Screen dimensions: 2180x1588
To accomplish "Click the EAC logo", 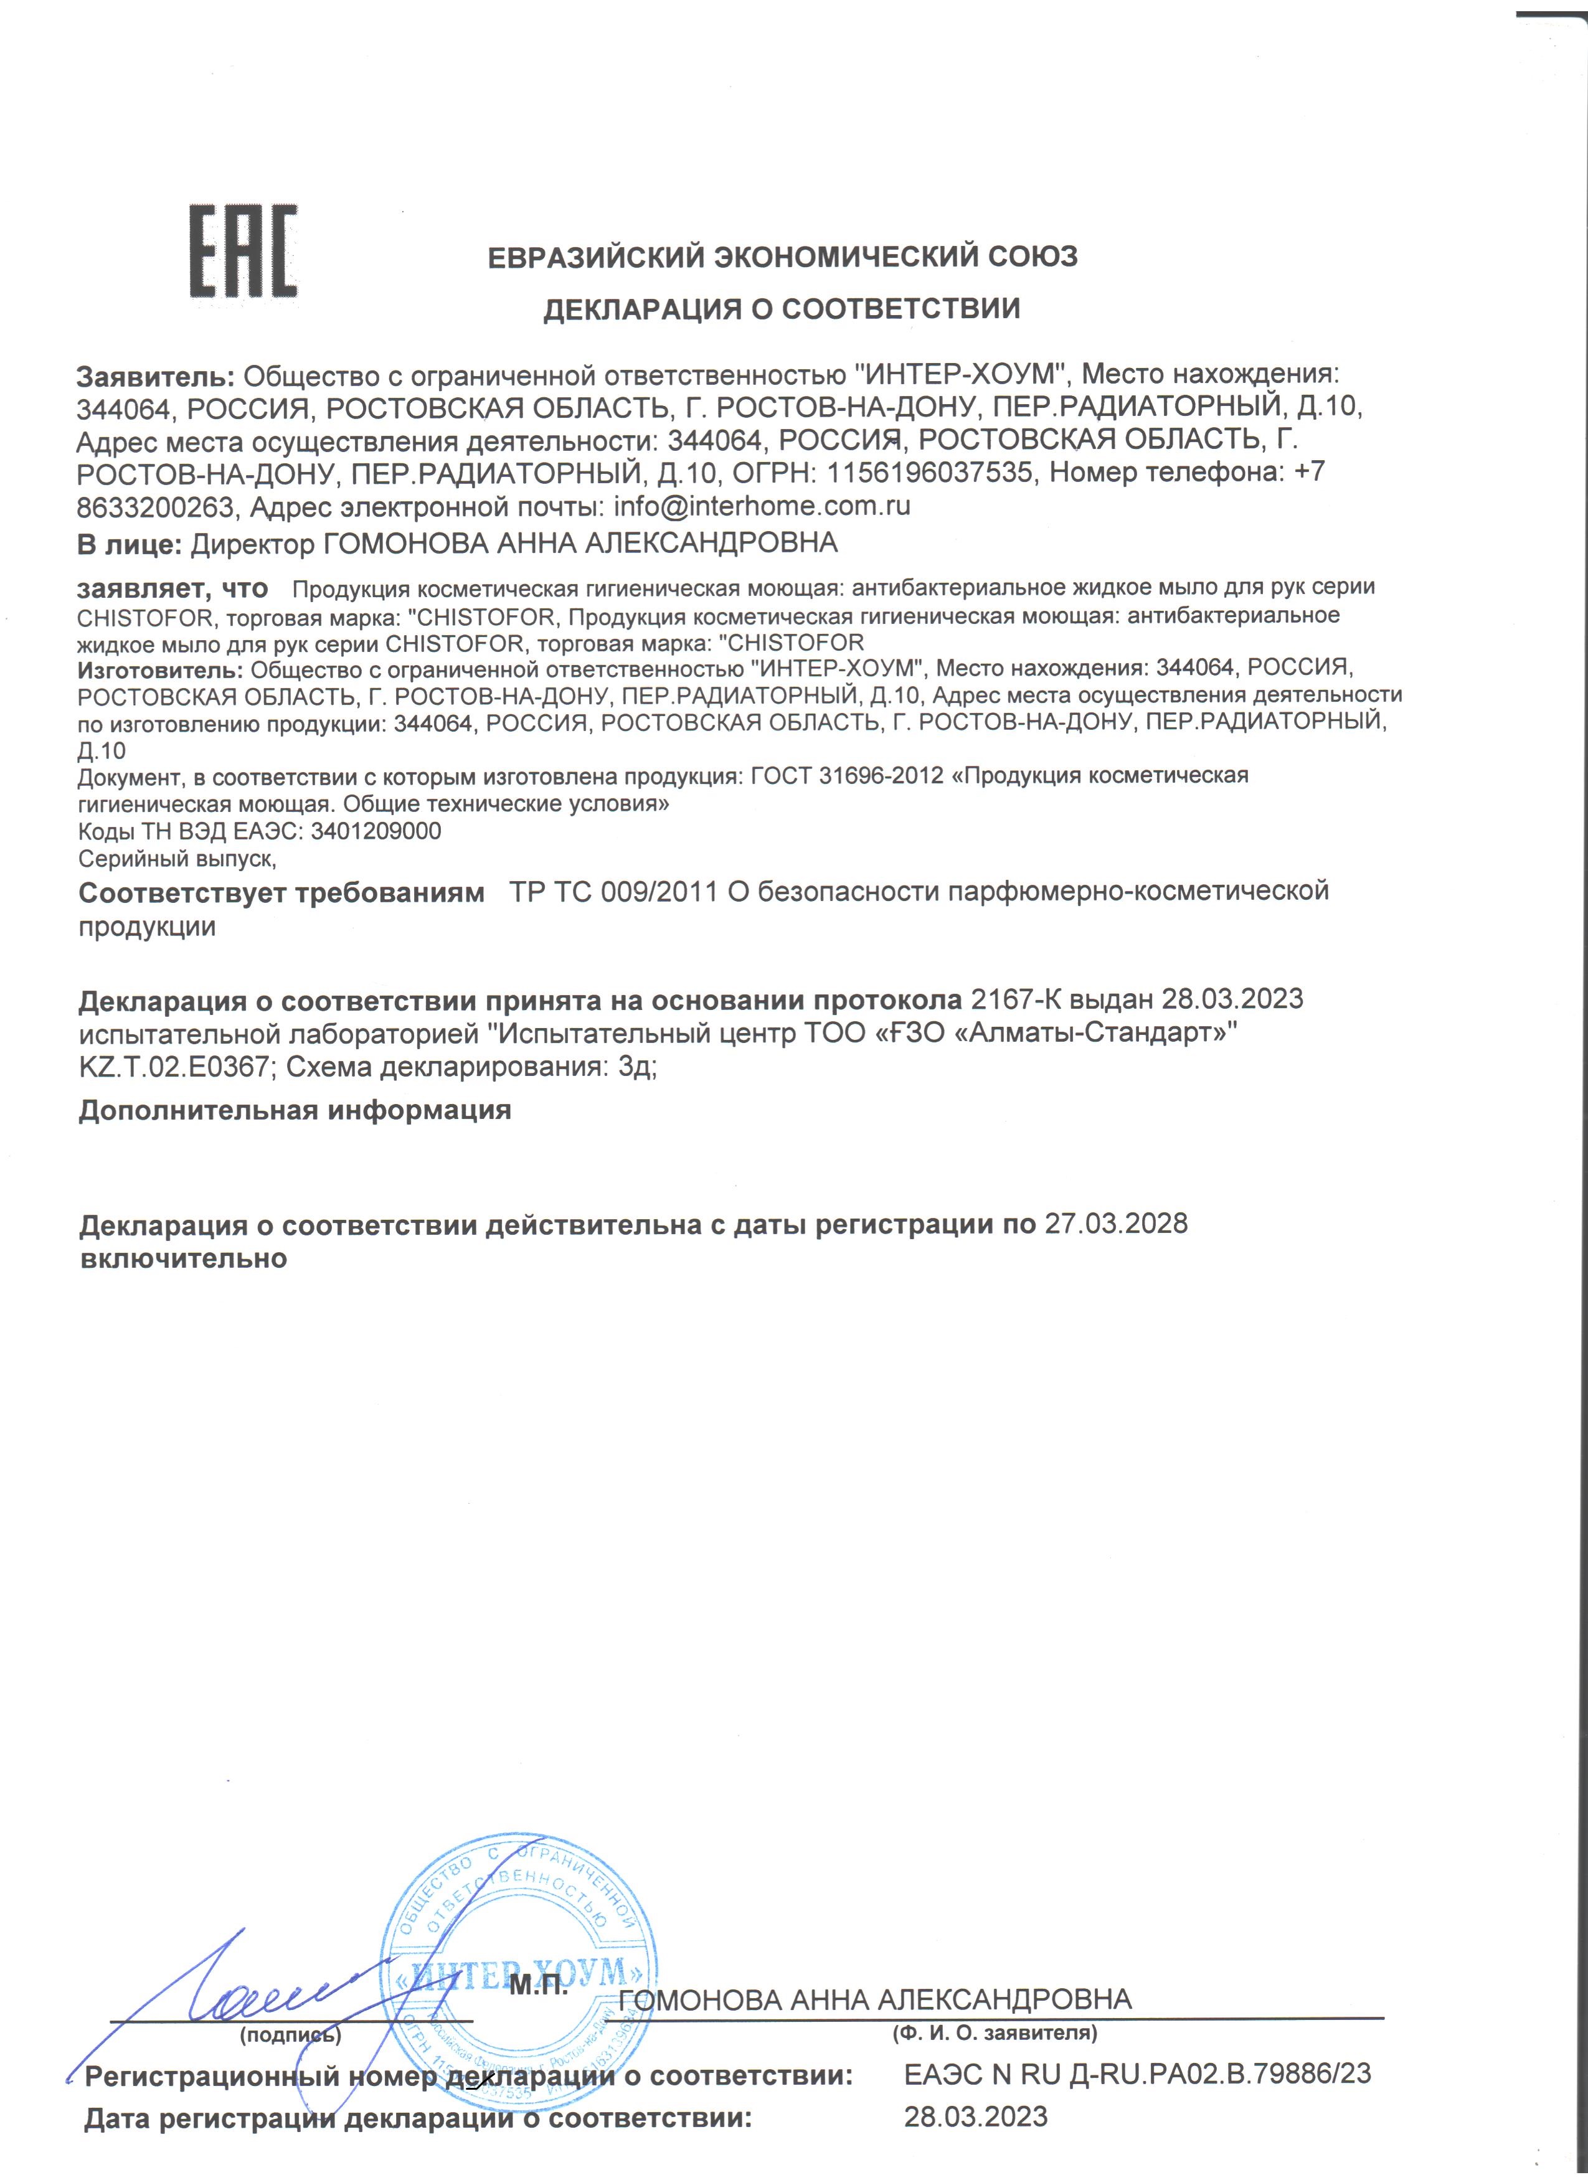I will (242, 252).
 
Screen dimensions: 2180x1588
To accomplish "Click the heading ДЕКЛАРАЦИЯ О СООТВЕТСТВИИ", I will (782, 309).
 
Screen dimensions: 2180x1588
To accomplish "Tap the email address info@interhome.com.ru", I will (762, 506).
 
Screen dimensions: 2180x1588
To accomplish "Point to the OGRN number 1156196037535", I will (932, 473).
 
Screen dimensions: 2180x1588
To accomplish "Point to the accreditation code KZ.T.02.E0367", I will (178, 1067).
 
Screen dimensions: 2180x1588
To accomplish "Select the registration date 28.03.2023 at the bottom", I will (976, 2116).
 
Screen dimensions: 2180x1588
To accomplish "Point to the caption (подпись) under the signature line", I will (290, 2034).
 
